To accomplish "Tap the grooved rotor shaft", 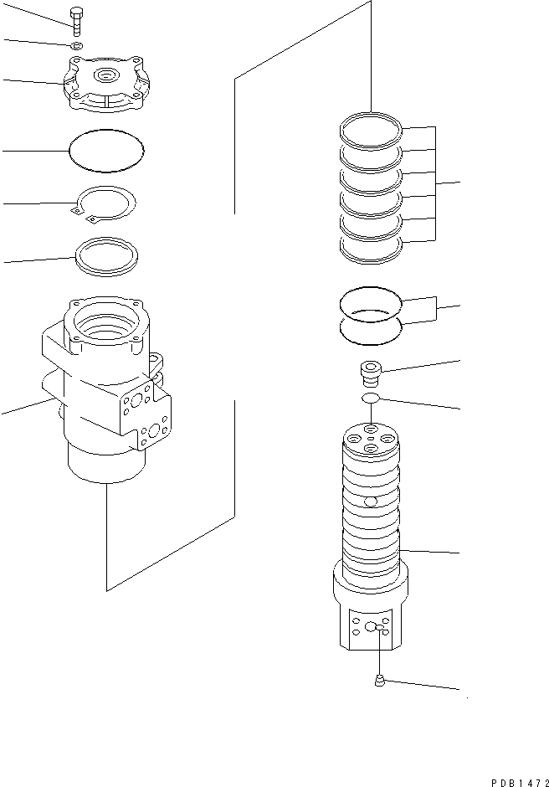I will point(372,519).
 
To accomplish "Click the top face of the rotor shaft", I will point(372,440).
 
